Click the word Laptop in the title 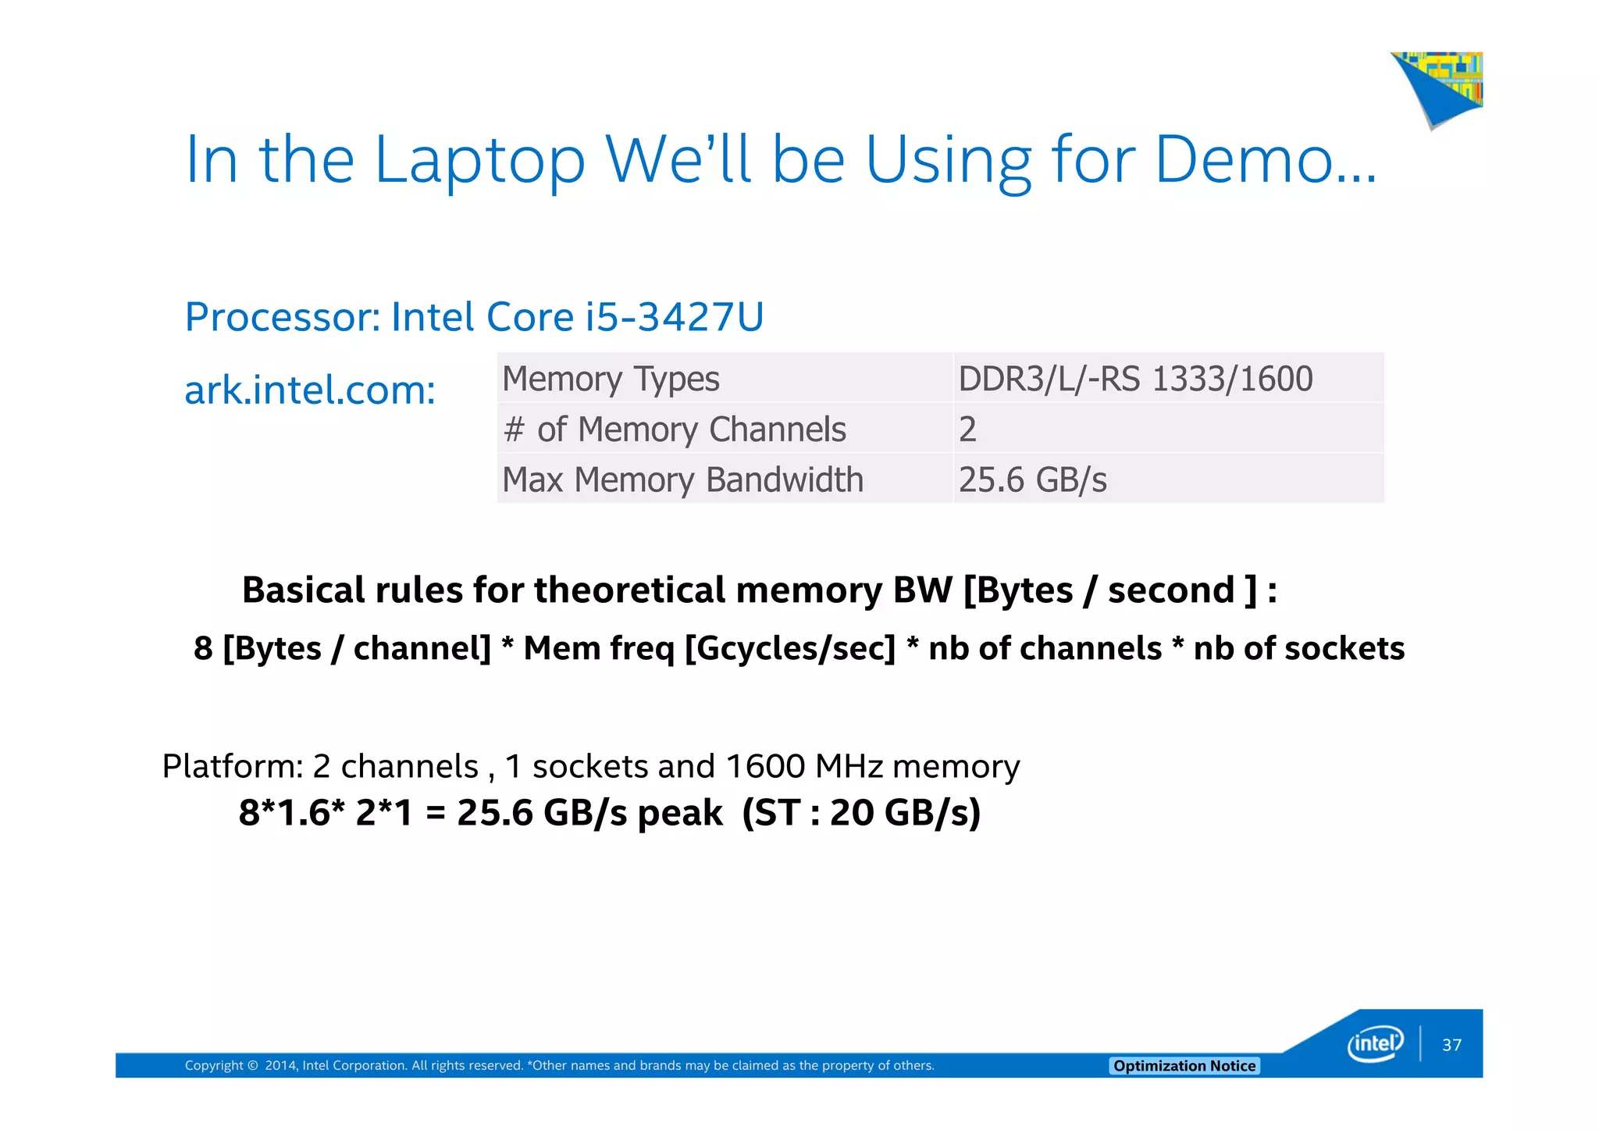(x=479, y=161)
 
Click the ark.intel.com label (x=310, y=390)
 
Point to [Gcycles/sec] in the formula (x=789, y=649)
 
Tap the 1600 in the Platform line (x=764, y=767)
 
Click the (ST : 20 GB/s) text (x=860, y=813)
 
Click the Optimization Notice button (x=1184, y=1066)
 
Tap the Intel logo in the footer (x=1375, y=1044)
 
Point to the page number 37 (x=1451, y=1046)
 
